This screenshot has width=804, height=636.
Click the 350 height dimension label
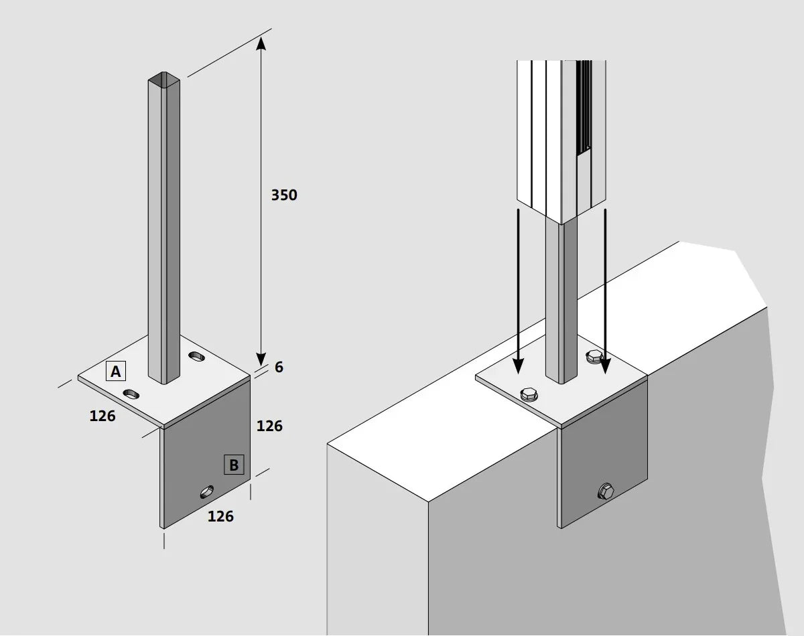(x=284, y=195)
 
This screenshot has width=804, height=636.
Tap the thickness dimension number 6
(x=279, y=368)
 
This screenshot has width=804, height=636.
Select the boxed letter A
(x=116, y=371)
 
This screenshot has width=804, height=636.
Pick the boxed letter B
(x=234, y=465)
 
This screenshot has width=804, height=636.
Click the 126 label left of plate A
(x=103, y=416)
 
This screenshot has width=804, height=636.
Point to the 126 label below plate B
(x=220, y=516)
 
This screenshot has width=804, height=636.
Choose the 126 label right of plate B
(x=269, y=426)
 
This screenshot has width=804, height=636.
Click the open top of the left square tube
(x=163, y=79)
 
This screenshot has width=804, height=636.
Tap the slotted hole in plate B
(x=207, y=492)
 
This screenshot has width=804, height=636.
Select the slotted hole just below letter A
(x=131, y=394)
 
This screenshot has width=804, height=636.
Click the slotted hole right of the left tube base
(x=197, y=356)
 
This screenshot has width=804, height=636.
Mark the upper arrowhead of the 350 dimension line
(x=261, y=43)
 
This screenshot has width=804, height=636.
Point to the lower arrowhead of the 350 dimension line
(x=261, y=360)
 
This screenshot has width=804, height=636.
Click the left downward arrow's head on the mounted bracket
(x=518, y=366)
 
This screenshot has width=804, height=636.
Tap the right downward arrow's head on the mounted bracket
(x=605, y=366)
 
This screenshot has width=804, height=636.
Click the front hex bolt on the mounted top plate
(x=528, y=395)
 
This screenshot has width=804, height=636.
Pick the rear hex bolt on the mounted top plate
(x=594, y=357)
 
